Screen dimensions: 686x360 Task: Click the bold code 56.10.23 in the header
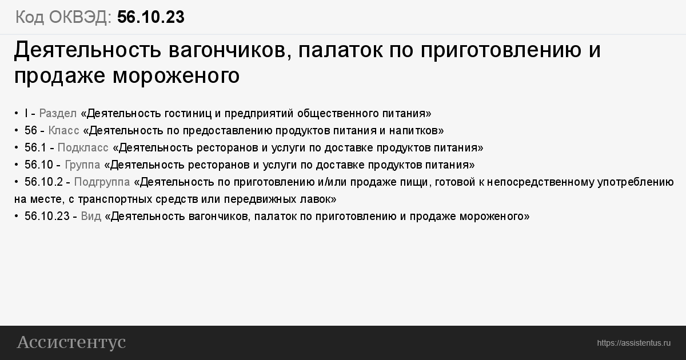(151, 17)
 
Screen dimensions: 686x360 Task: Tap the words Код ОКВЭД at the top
(63, 17)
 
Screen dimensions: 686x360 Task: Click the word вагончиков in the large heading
(229, 50)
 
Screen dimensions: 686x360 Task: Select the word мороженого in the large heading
(176, 75)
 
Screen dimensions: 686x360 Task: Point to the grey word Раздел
(58, 114)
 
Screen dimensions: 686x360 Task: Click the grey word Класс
(63, 131)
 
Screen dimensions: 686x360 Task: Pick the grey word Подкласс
(83, 148)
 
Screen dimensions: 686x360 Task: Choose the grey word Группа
(82, 165)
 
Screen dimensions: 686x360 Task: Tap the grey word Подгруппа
(102, 182)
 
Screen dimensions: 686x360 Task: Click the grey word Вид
(91, 217)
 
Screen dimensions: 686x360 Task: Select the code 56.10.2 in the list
(43, 182)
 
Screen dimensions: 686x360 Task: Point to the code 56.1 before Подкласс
(35, 148)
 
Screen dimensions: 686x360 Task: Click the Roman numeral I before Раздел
(26, 114)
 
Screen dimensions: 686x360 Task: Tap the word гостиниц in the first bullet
(188, 114)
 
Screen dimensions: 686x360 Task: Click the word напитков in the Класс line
(416, 131)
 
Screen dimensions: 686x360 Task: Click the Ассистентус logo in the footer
(71, 342)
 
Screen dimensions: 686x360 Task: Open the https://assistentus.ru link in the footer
(633, 343)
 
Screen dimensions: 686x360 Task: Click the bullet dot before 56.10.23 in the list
(16, 217)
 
